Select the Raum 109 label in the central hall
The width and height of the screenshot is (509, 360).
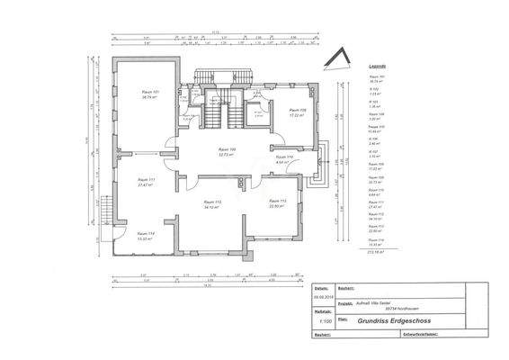(x=227, y=151)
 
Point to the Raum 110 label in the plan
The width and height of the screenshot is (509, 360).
(x=284, y=159)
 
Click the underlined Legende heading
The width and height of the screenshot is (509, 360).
(x=378, y=67)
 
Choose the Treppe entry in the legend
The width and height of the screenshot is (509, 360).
(x=377, y=128)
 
